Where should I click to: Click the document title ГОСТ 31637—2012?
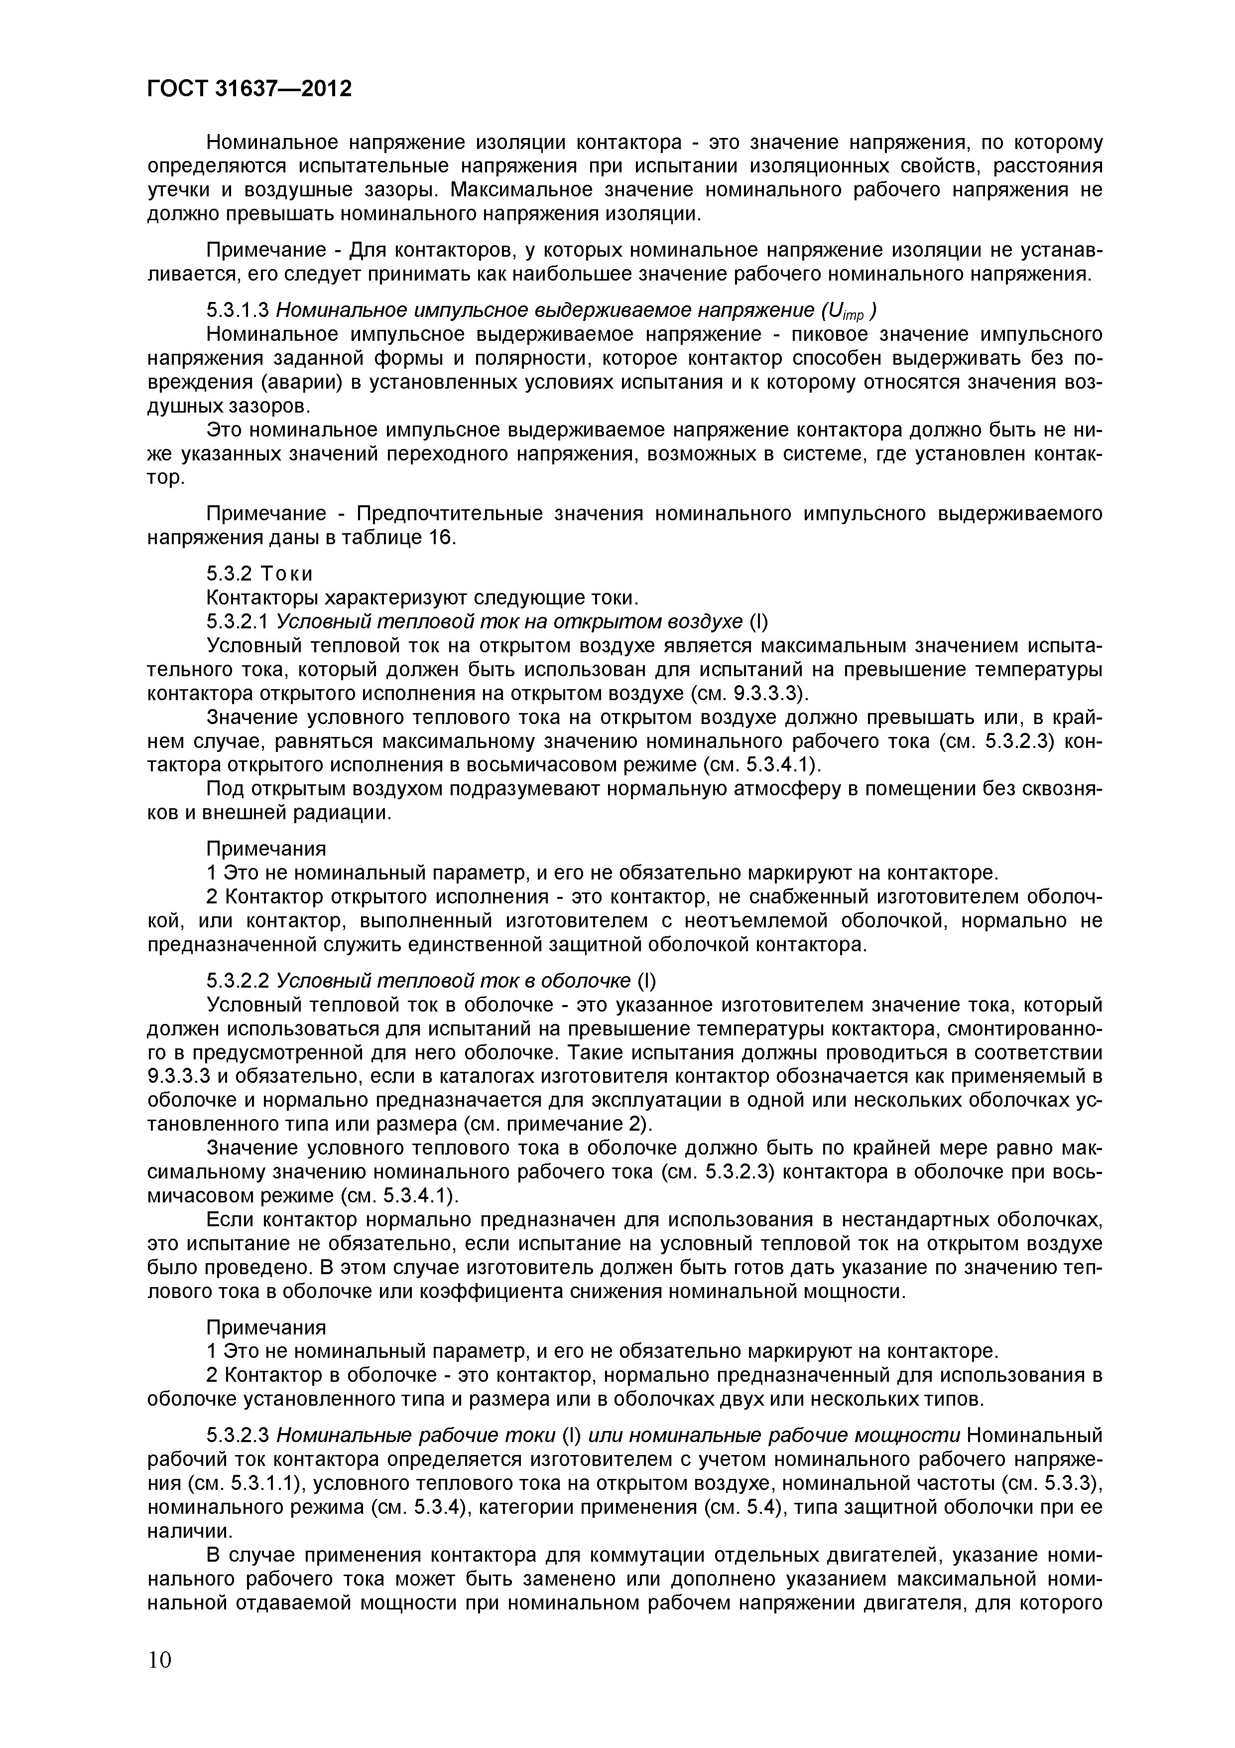[x=249, y=89]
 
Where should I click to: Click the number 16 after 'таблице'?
[x=440, y=538]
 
